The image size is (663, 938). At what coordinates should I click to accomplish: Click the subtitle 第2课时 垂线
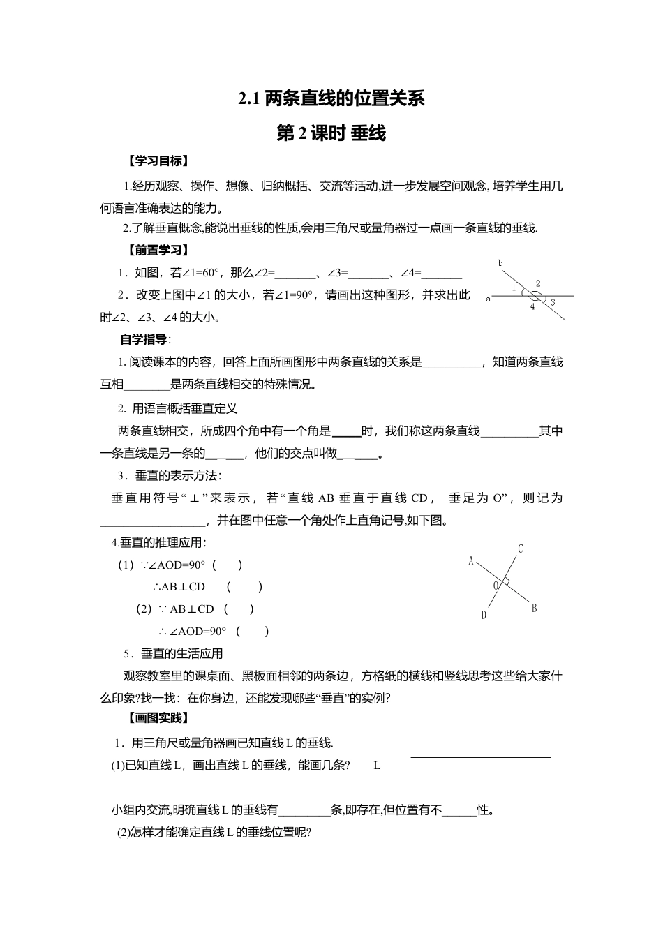(x=331, y=133)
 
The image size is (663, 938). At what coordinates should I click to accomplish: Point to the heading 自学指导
(x=144, y=340)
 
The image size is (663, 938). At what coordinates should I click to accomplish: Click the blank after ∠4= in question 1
(x=441, y=274)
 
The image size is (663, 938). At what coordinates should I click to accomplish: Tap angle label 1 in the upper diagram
(x=514, y=288)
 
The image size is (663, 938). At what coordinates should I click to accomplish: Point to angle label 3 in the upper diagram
(x=553, y=303)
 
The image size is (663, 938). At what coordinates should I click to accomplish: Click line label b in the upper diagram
(x=500, y=263)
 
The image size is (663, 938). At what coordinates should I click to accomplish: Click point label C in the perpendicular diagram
(x=521, y=549)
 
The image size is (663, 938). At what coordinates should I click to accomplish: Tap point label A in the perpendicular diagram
(x=471, y=560)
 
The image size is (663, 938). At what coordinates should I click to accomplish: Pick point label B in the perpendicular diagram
(x=534, y=609)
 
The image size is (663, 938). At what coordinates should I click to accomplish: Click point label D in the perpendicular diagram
(x=483, y=615)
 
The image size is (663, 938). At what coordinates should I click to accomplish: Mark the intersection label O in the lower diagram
(x=496, y=586)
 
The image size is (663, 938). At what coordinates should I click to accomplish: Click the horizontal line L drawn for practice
(x=481, y=757)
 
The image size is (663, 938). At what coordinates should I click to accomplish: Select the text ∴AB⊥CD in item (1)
(x=179, y=587)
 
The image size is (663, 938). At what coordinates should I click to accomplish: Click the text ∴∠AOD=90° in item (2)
(x=193, y=632)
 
